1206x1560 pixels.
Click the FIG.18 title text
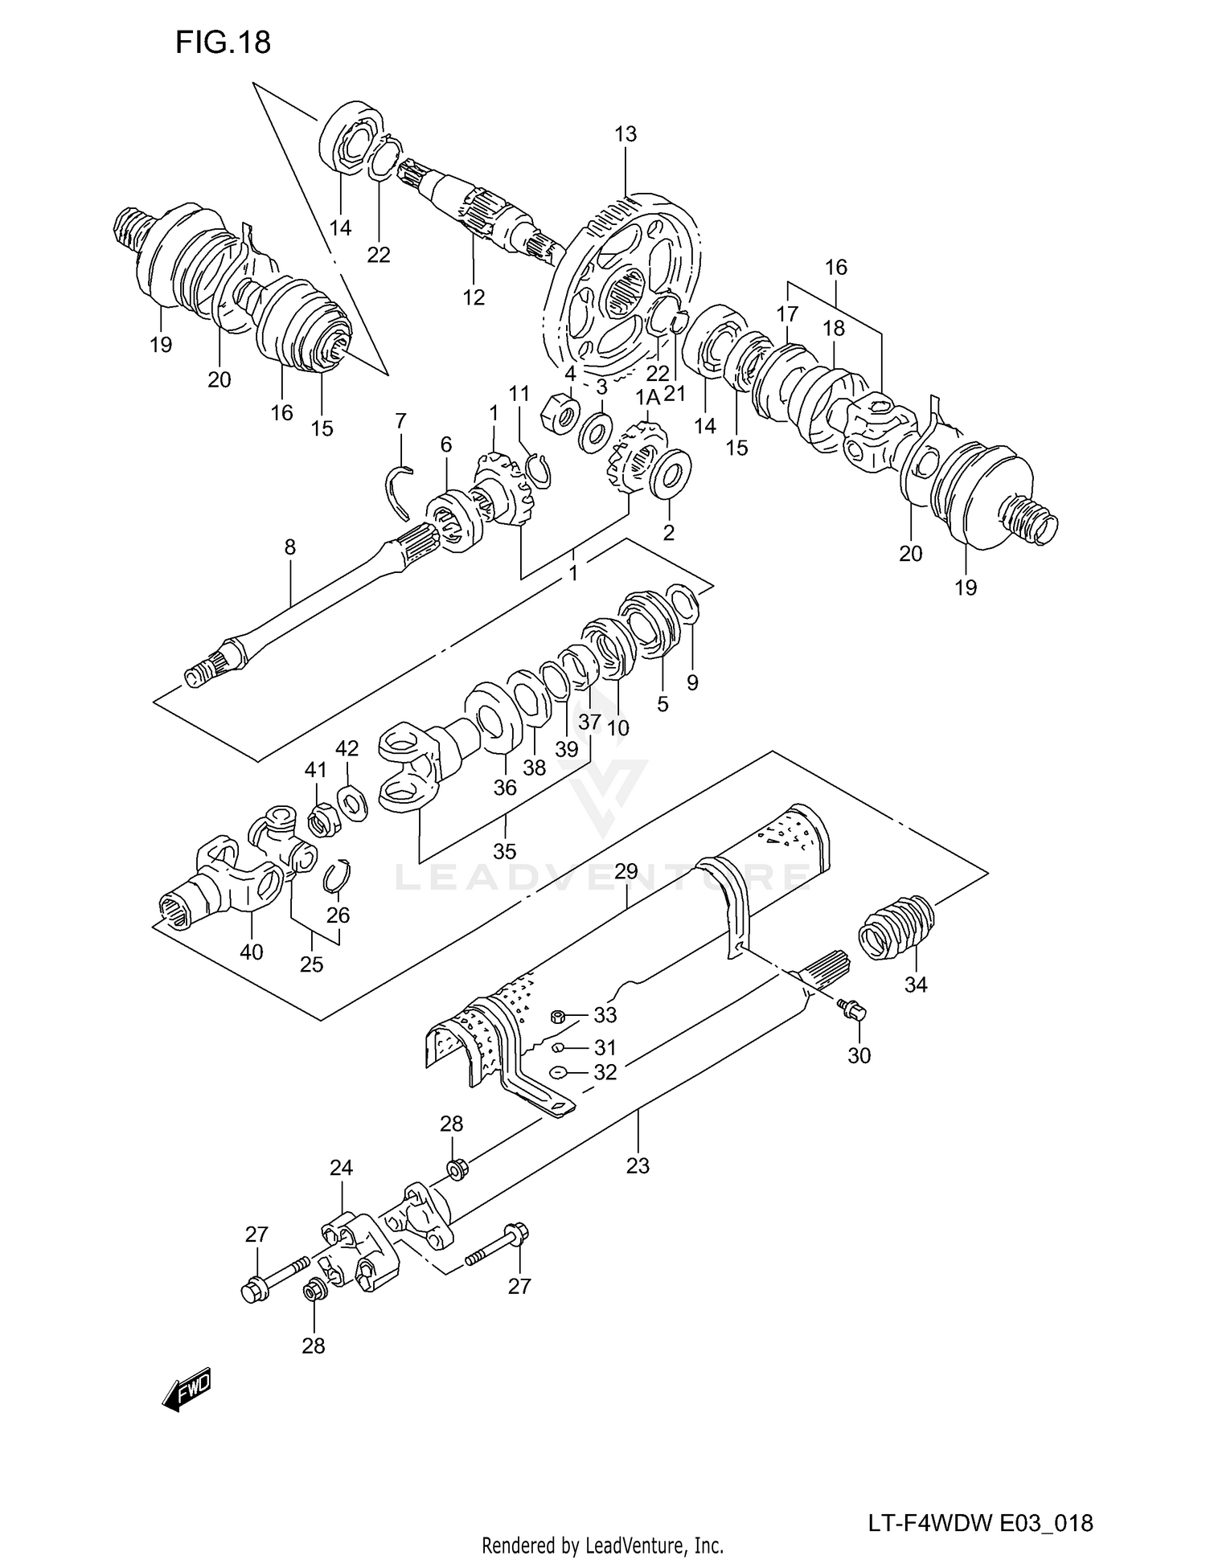(x=223, y=43)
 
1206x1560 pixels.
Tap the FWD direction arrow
(x=187, y=1389)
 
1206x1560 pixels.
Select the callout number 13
(x=625, y=134)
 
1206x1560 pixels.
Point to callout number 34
(x=916, y=985)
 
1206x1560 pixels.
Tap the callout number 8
(x=289, y=548)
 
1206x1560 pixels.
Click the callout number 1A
(x=647, y=399)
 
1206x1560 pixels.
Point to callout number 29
(x=626, y=871)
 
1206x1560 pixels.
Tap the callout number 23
(x=637, y=1165)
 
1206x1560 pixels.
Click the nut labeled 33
(x=556, y=1017)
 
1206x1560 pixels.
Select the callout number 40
(x=252, y=952)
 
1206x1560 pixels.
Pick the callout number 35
(x=504, y=851)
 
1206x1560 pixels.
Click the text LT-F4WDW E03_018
(x=979, y=1501)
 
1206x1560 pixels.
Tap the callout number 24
(x=341, y=1168)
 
